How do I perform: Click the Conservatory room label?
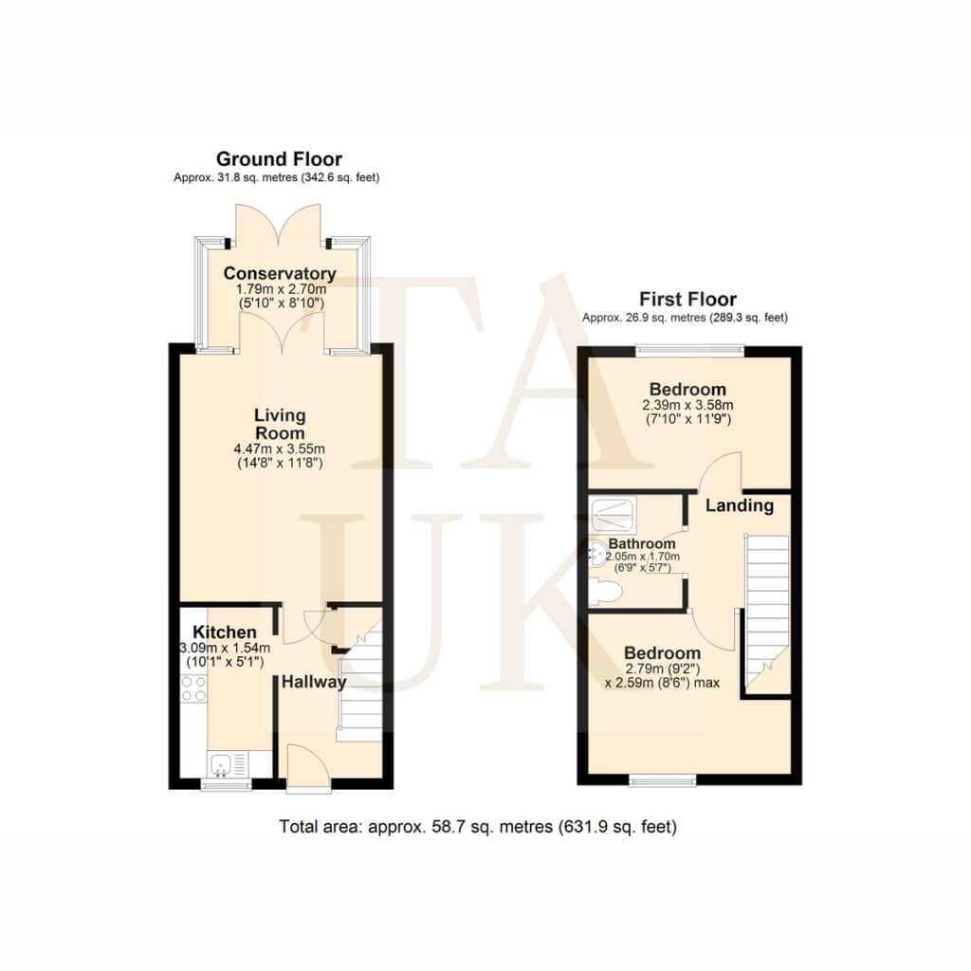pyautogui.click(x=280, y=273)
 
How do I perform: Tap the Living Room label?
pyautogui.click(x=280, y=424)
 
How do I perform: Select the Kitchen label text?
pyautogui.click(x=224, y=632)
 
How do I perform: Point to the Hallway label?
pyautogui.click(x=313, y=682)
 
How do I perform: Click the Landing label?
pyautogui.click(x=740, y=506)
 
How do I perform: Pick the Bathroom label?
pyautogui.click(x=642, y=543)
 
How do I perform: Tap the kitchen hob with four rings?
pyautogui.click(x=193, y=688)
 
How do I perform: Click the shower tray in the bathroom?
pyautogui.click(x=614, y=515)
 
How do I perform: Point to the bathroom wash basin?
pyautogui.click(x=596, y=554)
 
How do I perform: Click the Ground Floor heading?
pyautogui.click(x=280, y=159)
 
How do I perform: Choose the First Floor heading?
pyautogui.click(x=688, y=300)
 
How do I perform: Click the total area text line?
pyautogui.click(x=478, y=827)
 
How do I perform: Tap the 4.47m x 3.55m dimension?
pyautogui.click(x=280, y=449)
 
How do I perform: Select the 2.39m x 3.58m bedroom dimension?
pyautogui.click(x=688, y=405)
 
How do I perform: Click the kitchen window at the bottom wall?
pyautogui.click(x=226, y=784)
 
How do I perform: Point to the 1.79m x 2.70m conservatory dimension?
pyautogui.click(x=281, y=289)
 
